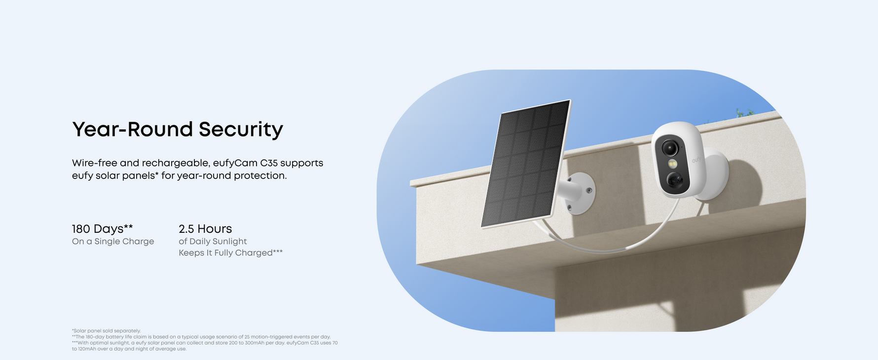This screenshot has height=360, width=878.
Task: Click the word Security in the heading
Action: coord(241,130)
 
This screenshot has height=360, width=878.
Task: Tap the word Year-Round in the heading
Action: coord(133,129)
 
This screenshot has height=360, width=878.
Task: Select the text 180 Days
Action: coord(98,229)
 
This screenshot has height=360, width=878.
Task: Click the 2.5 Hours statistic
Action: coord(205,229)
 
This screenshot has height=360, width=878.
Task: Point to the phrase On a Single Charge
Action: coord(113,242)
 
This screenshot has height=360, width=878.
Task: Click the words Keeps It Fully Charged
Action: coord(225,253)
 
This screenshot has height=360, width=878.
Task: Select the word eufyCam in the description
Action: coord(235,163)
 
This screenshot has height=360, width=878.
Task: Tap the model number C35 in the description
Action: coord(269,163)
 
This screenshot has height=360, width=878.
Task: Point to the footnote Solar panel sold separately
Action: coord(107,331)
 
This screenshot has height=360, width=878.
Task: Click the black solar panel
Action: coord(526,164)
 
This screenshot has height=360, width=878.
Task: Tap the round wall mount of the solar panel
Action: coord(581,193)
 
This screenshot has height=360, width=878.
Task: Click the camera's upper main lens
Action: coord(670,148)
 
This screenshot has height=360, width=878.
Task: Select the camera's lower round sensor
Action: coord(674,180)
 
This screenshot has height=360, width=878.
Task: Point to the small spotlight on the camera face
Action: coord(672,164)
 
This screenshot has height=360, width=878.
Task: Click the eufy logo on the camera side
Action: coord(696,160)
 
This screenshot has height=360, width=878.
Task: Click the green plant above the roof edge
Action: coord(745,113)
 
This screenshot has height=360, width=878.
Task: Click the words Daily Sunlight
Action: coord(218,242)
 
